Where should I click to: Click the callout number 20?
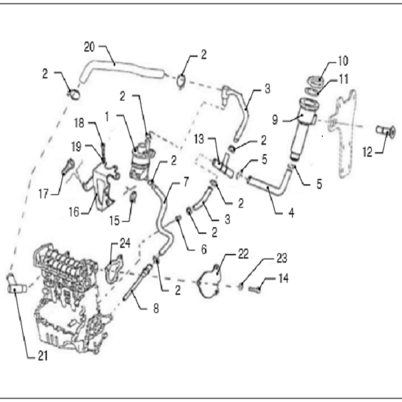[x=89, y=46]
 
